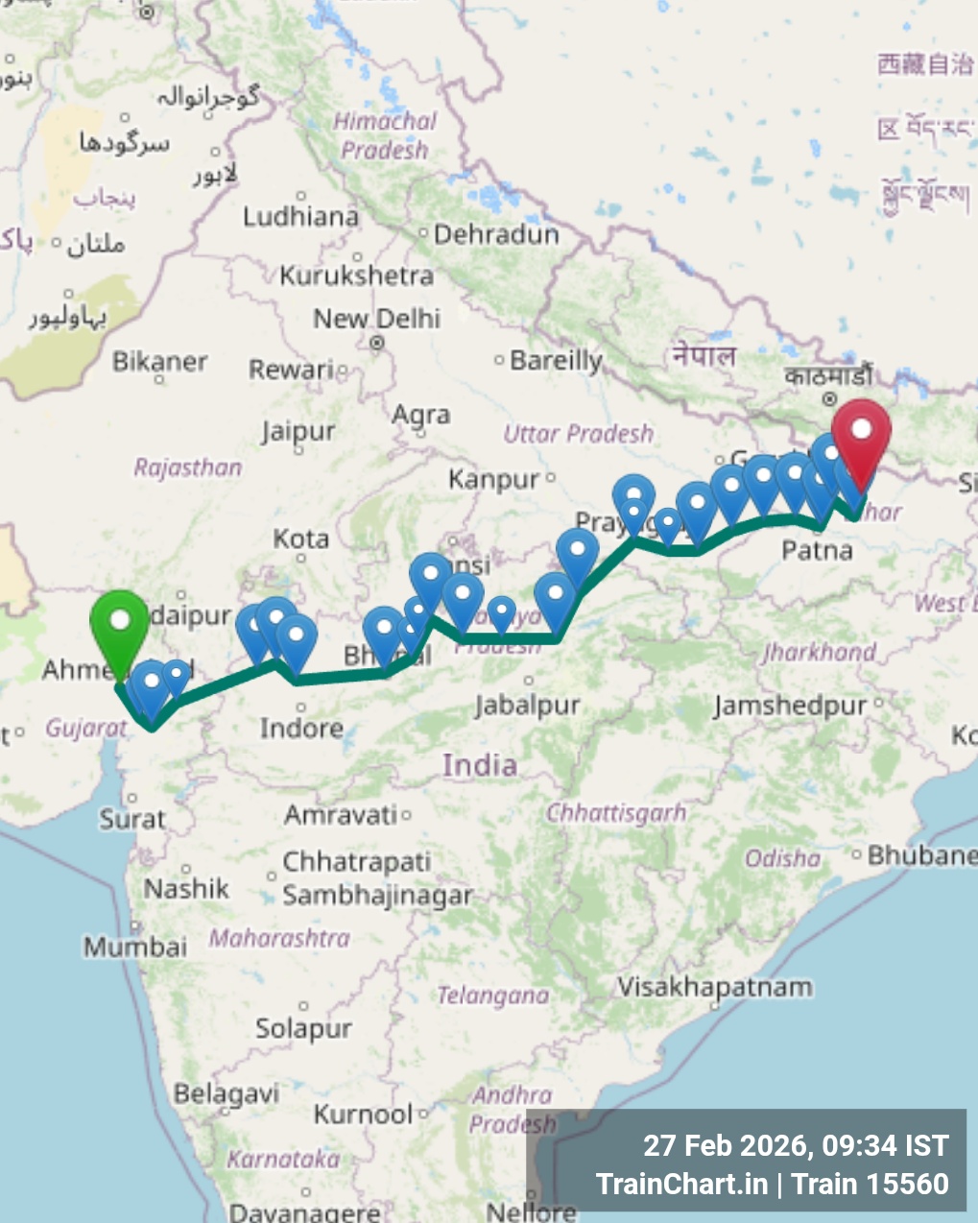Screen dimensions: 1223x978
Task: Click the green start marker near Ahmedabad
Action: pos(120,623)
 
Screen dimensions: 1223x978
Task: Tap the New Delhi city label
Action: pos(377,319)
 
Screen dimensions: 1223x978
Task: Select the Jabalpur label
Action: pos(527,706)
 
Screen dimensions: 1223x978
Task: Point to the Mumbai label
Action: pos(135,947)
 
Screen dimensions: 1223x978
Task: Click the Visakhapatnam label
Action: pos(714,987)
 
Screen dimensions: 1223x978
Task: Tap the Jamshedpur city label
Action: pos(790,706)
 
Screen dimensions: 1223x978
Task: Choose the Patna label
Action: pos(817,550)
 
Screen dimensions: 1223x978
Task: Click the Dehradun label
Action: pos(496,234)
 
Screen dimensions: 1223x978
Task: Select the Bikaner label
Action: pos(159,362)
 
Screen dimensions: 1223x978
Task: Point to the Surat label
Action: pos(132,819)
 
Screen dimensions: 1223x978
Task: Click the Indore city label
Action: pos(301,729)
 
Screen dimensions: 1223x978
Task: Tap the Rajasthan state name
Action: pos(188,468)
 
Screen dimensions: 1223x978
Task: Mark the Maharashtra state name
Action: pos(279,937)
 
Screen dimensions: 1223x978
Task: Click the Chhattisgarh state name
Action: pos(616,813)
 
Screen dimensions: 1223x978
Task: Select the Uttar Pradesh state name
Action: pos(578,434)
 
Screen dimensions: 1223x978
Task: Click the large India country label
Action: pos(480,765)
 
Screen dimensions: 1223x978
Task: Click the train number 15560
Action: pos(909,1184)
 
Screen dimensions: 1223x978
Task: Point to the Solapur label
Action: pos(303,1029)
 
